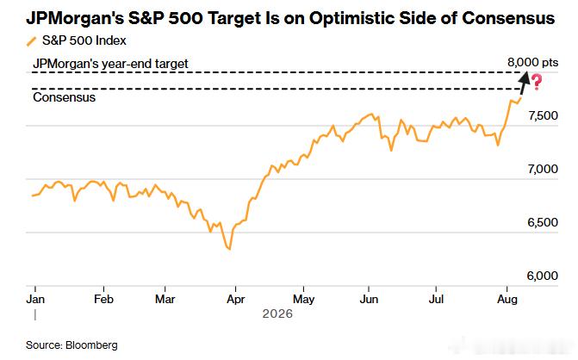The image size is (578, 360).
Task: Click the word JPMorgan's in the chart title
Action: point(75,18)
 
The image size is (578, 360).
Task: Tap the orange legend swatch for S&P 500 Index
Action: point(32,41)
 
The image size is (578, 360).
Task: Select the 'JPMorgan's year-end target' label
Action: point(110,64)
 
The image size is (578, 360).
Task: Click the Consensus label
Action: point(64,97)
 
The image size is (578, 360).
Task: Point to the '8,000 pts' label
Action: point(532,63)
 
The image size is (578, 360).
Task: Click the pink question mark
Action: point(537,82)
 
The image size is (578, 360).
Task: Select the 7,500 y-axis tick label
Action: point(543,115)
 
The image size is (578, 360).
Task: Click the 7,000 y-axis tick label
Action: point(543,169)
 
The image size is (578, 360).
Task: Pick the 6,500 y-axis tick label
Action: point(543,222)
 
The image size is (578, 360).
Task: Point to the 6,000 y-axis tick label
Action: point(543,276)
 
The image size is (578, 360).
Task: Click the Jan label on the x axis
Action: point(35,299)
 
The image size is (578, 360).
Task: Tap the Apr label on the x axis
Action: point(235,299)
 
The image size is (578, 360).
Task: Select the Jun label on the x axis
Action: point(369,299)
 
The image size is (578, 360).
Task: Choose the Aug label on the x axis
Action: point(507,299)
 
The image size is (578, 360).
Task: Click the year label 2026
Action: point(277,314)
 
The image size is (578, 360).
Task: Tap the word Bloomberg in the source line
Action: point(91,345)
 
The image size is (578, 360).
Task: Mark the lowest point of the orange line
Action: point(230,250)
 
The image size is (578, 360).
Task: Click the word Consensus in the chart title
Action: point(508,18)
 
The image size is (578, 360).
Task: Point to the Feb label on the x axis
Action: point(103,299)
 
